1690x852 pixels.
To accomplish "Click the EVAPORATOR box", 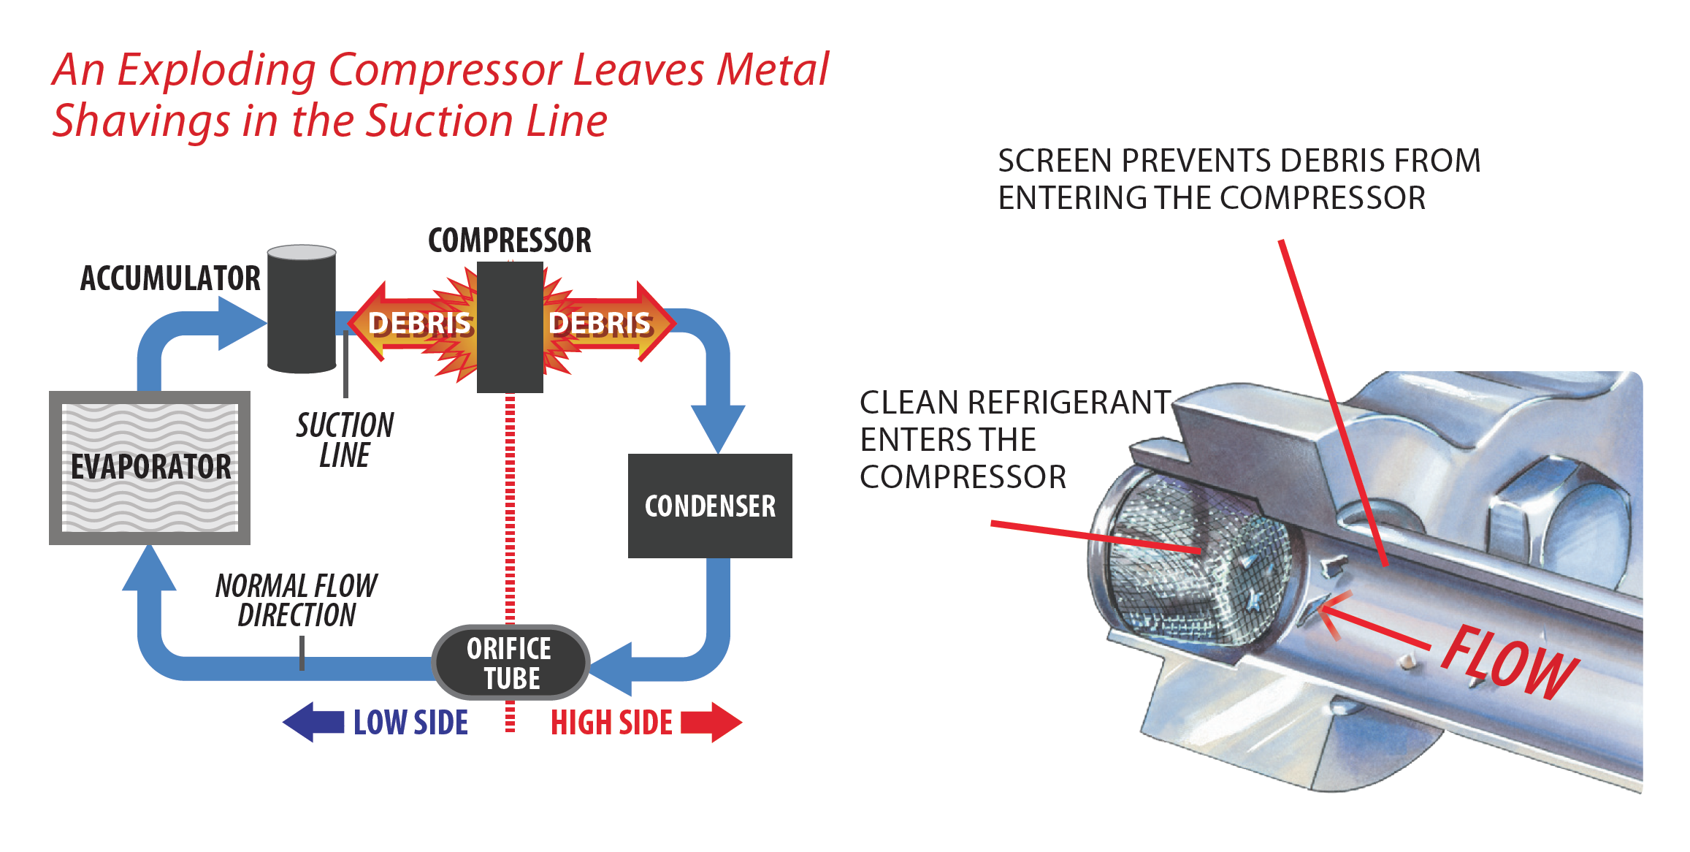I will (150, 468).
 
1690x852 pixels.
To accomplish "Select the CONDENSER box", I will (710, 506).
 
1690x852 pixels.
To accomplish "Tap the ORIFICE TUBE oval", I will (511, 663).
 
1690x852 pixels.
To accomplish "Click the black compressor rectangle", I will (510, 327).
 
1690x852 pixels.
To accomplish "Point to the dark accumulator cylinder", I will (302, 311).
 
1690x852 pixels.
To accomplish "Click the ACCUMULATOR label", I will (170, 278).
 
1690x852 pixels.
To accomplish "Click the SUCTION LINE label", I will (345, 440).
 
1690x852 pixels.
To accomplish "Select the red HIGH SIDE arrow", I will (711, 722).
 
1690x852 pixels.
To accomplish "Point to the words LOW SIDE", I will (411, 723).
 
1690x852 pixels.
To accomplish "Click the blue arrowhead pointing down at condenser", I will (718, 427).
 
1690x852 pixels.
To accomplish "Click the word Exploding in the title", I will (216, 71).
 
